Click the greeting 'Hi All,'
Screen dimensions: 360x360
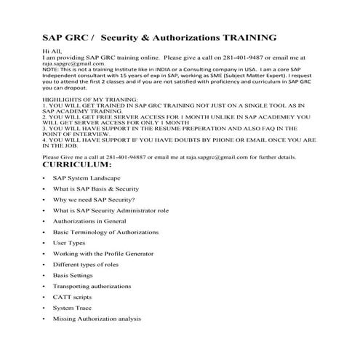point(53,52)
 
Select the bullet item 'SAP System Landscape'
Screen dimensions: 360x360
point(87,178)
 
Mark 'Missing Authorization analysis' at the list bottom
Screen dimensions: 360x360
point(97,319)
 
